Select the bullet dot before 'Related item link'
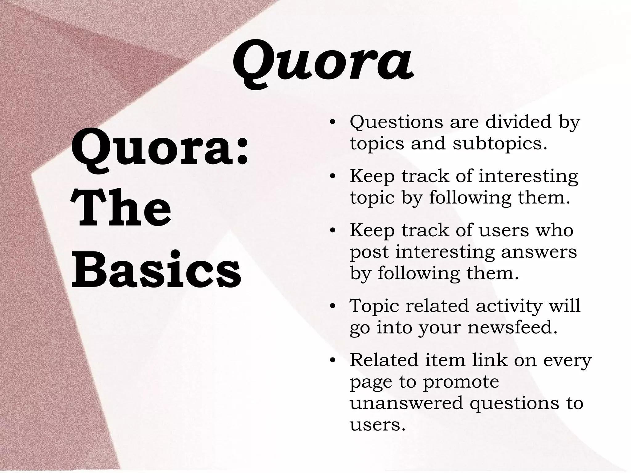pos(332,361)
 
